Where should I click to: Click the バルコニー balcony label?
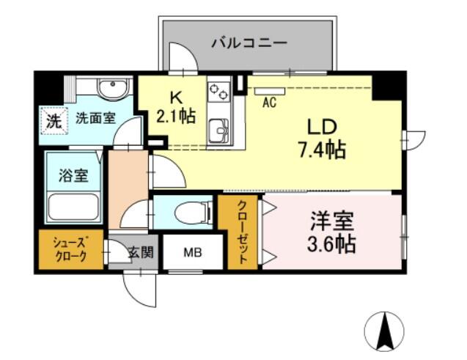pyautogui.click(x=249, y=43)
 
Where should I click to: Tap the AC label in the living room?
pyautogui.click(x=269, y=103)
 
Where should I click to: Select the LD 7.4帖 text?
pyautogui.click(x=322, y=139)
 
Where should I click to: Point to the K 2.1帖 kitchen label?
pyautogui.click(x=176, y=108)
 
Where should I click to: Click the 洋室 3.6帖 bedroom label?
pyautogui.click(x=331, y=232)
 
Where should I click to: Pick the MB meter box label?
pyautogui.click(x=193, y=252)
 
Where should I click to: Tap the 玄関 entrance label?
pyautogui.click(x=141, y=252)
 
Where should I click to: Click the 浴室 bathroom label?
pyautogui.click(x=73, y=175)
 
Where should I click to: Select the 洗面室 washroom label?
pyautogui.click(x=95, y=119)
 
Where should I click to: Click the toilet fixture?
pyautogui.click(x=194, y=213)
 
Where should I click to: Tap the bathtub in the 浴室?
pyautogui.click(x=73, y=206)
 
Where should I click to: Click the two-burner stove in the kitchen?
pyautogui.click(x=219, y=92)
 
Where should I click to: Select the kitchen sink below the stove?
pyautogui.click(x=219, y=131)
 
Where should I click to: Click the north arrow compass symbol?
pyautogui.click(x=384, y=331)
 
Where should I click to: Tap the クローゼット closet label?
pyautogui.click(x=242, y=232)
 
